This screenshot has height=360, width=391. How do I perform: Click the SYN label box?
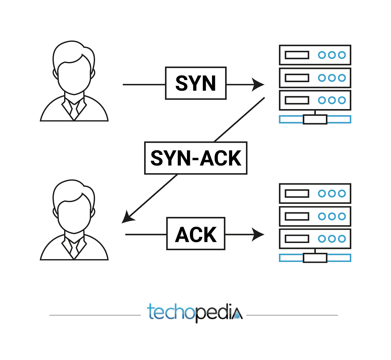point(195,83)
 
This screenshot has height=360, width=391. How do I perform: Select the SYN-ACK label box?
point(195,158)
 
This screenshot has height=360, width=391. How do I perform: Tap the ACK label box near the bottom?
point(196,234)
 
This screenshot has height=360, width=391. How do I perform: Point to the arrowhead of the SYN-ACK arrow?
point(127,217)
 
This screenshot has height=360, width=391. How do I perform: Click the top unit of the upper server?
point(315,55)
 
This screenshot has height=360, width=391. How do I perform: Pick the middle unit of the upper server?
point(315,78)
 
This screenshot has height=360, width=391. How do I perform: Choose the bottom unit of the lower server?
point(315,239)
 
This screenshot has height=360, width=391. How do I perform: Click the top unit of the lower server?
point(315,193)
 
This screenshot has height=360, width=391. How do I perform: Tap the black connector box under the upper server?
point(315,119)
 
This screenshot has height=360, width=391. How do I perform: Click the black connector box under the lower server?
point(315,258)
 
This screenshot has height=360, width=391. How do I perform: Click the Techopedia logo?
point(195,312)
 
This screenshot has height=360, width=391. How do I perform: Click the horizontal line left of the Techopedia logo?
point(95,315)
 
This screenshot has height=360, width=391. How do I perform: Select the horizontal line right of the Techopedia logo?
point(292,315)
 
